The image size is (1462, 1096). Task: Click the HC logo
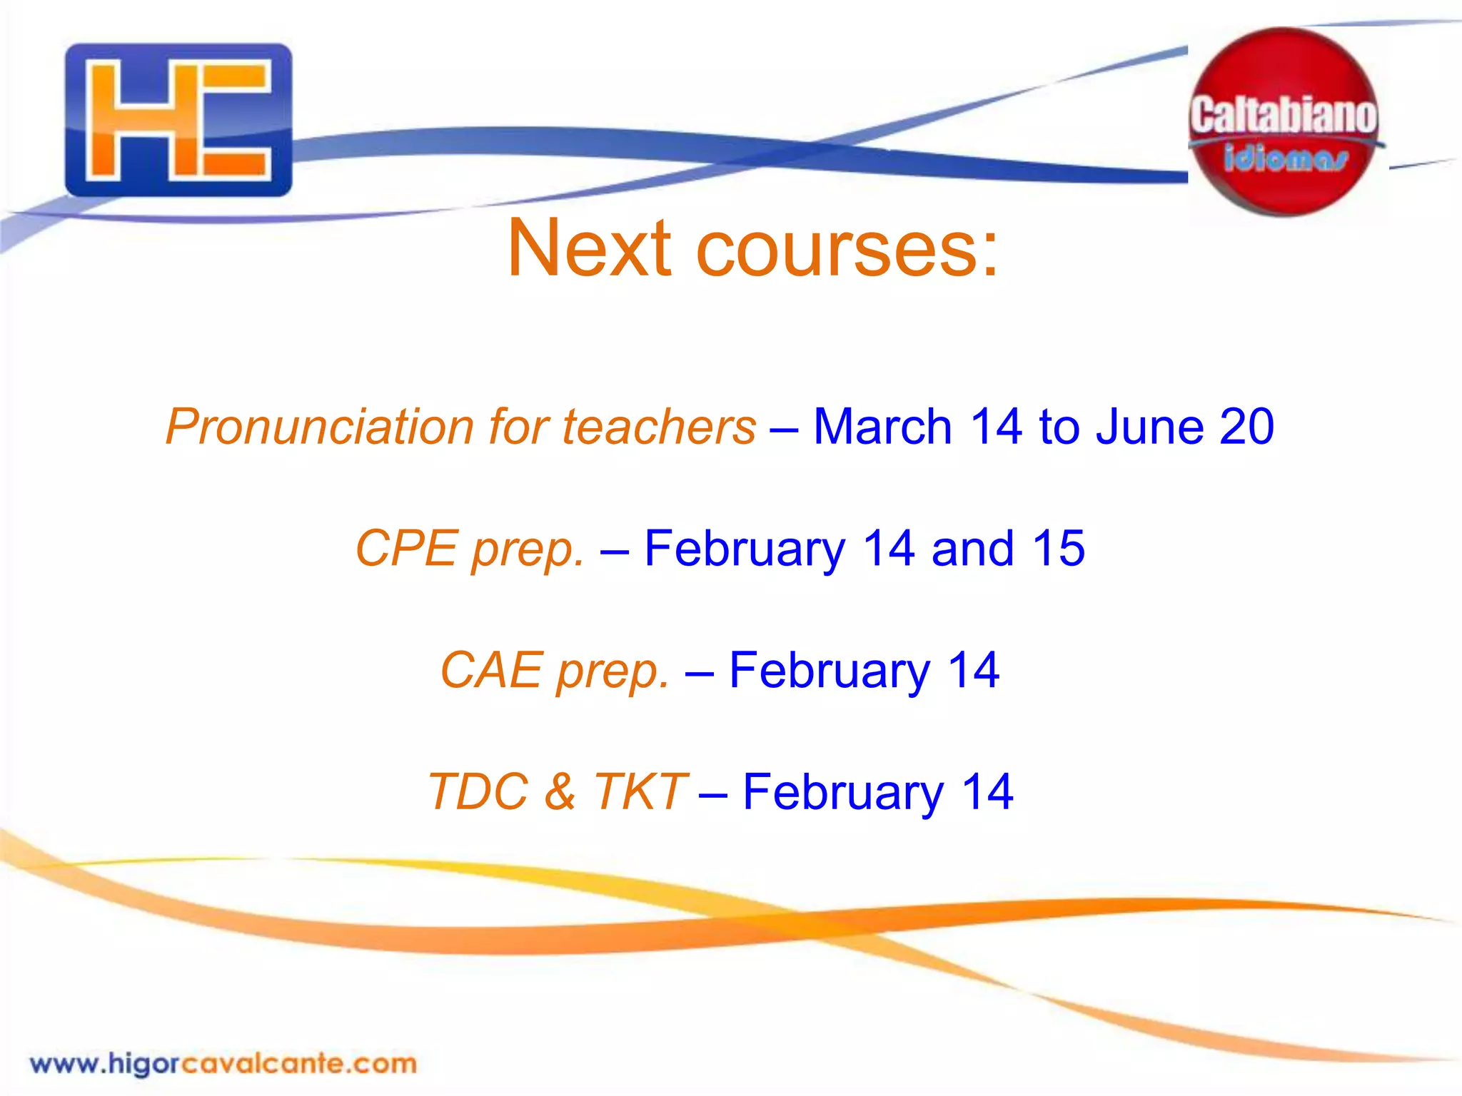click(178, 120)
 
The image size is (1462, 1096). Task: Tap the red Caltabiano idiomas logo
click(1284, 121)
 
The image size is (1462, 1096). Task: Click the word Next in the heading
click(590, 248)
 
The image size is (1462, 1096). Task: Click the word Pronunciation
click(320, 427)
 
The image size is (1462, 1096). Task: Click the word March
click(882, 427)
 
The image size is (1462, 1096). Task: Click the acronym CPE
click(406, 548)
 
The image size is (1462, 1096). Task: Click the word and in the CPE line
click(972, 548)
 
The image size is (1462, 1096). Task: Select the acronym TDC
click(478, 792)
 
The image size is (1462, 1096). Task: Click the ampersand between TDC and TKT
click(560, 792)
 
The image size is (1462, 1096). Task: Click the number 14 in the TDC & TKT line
click(987, 792)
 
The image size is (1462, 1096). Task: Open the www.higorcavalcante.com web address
click(223, 1064)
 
